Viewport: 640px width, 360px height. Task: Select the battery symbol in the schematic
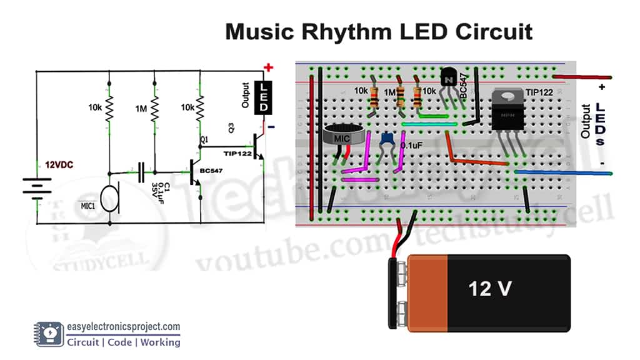click(36, 186)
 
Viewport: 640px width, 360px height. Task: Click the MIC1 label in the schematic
click(87, 206)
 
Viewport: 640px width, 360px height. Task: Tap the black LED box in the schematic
click(264, 98)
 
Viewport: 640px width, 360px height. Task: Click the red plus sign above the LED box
click(268, 67)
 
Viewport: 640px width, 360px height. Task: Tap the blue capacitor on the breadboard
click(387, 141)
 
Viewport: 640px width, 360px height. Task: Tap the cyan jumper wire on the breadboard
click(428, 124)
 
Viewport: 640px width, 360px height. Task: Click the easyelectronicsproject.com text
click(124, 326)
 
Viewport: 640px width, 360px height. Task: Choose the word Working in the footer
click(160, 342)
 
